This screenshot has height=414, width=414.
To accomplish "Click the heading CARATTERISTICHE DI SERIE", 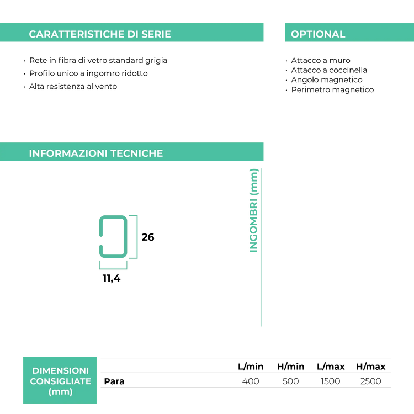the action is [100, 34].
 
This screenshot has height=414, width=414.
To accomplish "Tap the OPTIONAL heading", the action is [318, 34].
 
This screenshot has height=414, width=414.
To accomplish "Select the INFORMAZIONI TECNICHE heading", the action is [96, 153].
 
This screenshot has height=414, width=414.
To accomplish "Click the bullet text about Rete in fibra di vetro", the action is [98, 61].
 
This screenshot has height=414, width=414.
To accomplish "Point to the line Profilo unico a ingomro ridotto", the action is [88, 73].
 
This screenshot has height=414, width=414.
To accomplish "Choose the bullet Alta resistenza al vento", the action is [73, 86].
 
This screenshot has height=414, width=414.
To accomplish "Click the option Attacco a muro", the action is [321, 61].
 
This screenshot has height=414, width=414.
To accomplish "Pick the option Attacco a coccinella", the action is [329, 70].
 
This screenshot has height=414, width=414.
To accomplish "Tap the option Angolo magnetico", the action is [327, 79].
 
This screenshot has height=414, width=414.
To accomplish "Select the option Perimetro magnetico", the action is [333, 90].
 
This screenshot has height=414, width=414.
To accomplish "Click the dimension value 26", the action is [148, 237].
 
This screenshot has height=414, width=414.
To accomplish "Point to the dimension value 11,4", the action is [112, 278].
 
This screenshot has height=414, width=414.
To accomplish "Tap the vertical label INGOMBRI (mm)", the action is [253, 210].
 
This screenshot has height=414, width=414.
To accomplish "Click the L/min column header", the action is [251, 367].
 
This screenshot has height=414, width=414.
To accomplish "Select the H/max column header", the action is [371, 367].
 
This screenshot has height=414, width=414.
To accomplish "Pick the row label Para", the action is [114, 381].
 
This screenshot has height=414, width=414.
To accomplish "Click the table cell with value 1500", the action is [331, 381].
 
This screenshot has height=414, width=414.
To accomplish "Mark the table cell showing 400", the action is [251, 381].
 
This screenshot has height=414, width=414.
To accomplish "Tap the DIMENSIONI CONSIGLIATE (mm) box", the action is [60, 380].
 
